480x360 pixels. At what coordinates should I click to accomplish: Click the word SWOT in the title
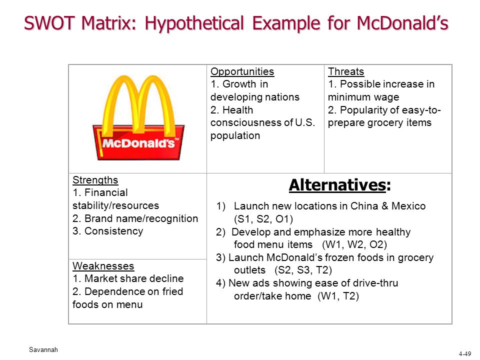(x=50, y=23)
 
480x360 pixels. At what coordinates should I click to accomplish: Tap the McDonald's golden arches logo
(x=138, y=118)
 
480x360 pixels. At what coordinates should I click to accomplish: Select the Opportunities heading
(x=242, y=71)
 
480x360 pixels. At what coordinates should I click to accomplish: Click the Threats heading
(x=346, y=71)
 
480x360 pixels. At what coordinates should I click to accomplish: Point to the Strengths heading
(x=95, y=180)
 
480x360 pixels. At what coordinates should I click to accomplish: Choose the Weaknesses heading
(x=103, y=265)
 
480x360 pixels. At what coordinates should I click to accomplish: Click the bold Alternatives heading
(x=340, y=185)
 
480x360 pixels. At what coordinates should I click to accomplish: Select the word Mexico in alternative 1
(x=408, y=206)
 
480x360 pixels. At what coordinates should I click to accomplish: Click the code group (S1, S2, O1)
(x=263, y=219)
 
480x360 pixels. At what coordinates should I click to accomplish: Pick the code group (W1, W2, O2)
(x=354, y=244)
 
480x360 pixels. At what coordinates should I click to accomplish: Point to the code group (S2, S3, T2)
(x=303, y=270)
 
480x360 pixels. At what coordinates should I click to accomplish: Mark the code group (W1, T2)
(x=338, y=296)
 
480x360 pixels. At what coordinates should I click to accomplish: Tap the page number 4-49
(x=465, y=354)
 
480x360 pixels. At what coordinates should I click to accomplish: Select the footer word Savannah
(x=43, y=349)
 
